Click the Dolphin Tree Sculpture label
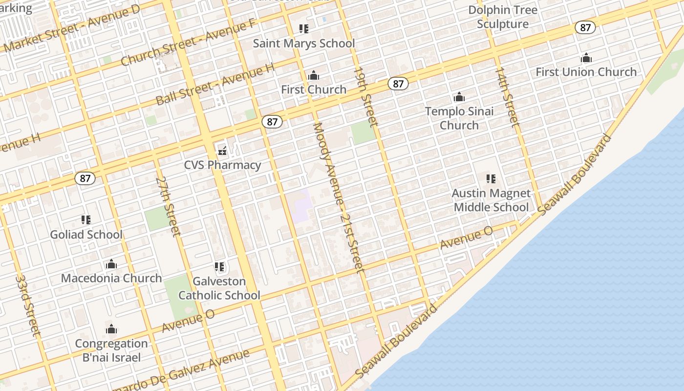coord(503,17)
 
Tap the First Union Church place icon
coord(586,58)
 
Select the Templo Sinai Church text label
coord(459,118)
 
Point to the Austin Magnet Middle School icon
coord(491,179)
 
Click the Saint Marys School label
coord(304,43)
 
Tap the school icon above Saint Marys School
coord(304,29)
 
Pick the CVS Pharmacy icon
coord(222,151)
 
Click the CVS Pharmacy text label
coord(222,165)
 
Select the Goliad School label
coord(86,235)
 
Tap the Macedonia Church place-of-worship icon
coord(111,264)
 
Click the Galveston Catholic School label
coord(219,288)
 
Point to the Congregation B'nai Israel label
coord(111,350)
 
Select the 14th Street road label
coord(508,96)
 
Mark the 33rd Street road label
coord(28,305)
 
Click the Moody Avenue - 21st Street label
coord(338,197)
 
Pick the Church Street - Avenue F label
coord(188,43)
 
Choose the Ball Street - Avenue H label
coord(215,84)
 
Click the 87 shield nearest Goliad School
coord(85,178)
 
